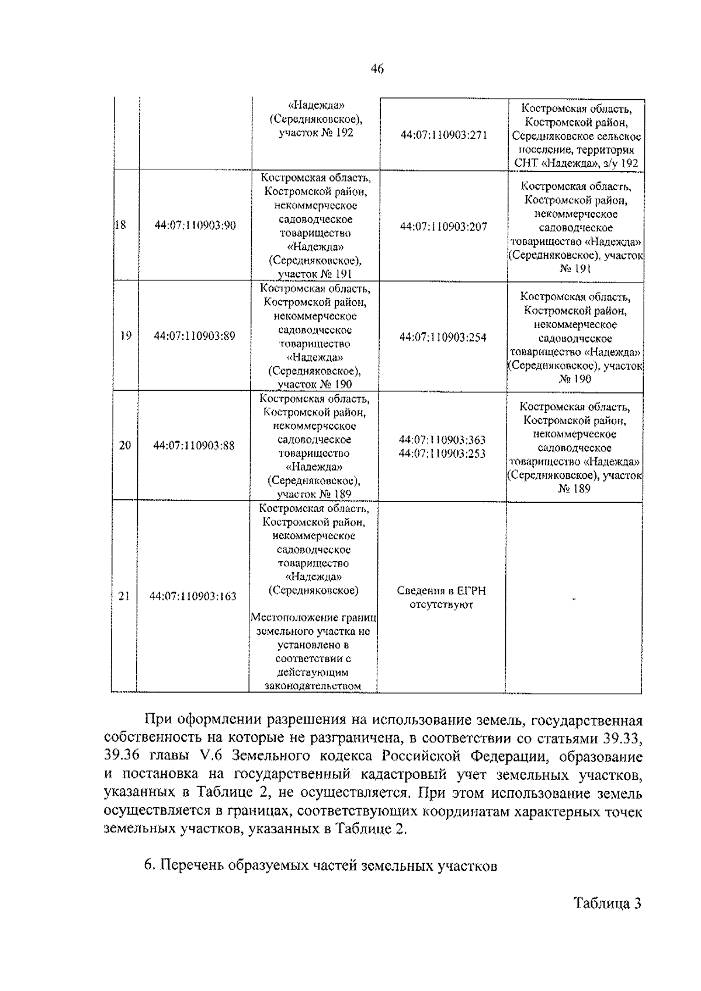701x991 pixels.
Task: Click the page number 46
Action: tap(377, 69)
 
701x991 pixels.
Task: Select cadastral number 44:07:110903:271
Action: tap(443, 135)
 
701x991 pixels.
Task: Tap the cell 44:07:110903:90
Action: tap(195, 225)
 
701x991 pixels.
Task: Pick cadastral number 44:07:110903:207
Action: tap(443, 227)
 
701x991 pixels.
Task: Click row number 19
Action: tap(125, 335)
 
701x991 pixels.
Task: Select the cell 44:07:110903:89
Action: tap(195, 336)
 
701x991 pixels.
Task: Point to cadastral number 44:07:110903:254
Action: tap(443, 337)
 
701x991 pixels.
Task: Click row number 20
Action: tap(125, 445)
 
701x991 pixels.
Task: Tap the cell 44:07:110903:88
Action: tap(194, 446)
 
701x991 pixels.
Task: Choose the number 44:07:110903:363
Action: tap(442, 440)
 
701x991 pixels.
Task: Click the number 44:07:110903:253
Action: tap(442, 453)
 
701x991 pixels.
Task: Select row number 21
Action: tap(124, 596)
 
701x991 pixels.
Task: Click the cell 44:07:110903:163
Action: tap(193, 596)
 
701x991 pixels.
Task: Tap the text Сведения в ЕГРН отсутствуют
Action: tap(441, 597)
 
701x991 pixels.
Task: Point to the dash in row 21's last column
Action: tap(574, 598)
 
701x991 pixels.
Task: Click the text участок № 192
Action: tap(316, 133)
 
